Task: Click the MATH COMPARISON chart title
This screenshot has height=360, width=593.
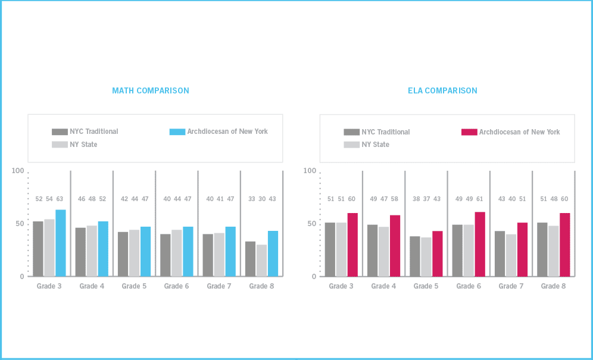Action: (151, 91)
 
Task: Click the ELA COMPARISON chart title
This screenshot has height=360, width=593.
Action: (442, 91)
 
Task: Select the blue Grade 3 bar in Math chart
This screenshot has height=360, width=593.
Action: (61, 243)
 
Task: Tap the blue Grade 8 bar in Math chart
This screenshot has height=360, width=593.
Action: (273, 253)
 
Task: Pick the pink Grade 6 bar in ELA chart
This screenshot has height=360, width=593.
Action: (480, 244)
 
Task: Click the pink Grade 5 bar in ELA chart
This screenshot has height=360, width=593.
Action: (438, 253)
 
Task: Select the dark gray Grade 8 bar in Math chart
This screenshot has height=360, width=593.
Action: (250, 259)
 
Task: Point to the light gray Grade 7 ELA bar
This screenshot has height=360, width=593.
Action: (511, 255)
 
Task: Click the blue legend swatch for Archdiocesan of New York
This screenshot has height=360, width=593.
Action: (177, 132)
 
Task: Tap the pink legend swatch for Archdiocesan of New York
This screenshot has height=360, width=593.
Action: (469, 132)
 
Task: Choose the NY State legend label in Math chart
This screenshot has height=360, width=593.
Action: (83, 145)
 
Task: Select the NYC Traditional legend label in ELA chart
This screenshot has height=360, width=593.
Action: (385, 132)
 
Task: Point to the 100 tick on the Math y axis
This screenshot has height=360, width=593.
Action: (18, 171)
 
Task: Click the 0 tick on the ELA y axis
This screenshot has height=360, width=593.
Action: (313, 277)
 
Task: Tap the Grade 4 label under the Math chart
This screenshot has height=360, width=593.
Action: (92, 286)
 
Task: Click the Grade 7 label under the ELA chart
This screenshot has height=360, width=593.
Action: (510, 286)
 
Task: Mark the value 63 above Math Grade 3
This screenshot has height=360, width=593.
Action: (60, 199)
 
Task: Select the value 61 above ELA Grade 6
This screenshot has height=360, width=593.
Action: (479, 199)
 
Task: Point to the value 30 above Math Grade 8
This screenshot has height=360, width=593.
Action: (261, 199)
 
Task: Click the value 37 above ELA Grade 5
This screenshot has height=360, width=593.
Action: (426, 199)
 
